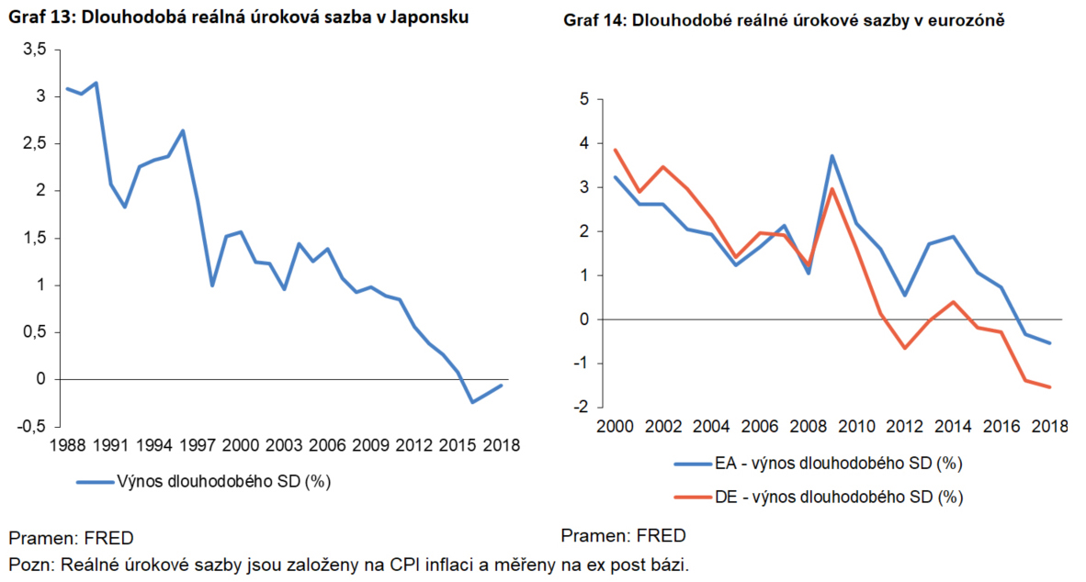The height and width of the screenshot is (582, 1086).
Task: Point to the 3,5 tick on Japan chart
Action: point(35,50)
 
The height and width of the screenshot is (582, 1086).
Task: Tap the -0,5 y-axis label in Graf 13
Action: point(31,426)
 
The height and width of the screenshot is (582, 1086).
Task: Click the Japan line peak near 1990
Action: point(96,83)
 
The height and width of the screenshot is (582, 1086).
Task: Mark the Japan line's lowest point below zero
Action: point(471,402)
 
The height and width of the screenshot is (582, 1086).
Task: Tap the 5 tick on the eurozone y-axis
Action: point(583,99)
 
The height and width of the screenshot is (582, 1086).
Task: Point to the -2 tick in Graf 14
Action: point(581,407)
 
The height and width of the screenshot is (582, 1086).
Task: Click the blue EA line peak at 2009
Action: point(831,156)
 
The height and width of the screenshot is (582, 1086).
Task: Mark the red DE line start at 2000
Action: point(615,150)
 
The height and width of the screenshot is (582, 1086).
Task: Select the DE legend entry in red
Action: point(818,498)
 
